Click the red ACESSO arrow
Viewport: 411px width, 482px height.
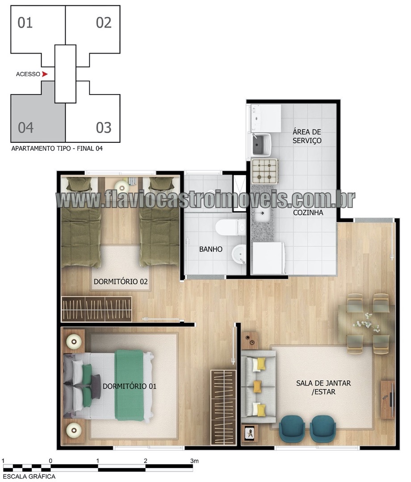(x=45, y=74)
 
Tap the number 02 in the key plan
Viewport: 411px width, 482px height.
(x=104, y=23)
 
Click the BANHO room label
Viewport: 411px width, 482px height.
(x=211, y=249)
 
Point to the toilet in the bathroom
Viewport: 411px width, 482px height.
(x=231, y=227)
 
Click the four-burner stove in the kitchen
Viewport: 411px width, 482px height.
(x=264, y=171)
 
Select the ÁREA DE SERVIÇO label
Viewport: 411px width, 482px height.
(x=307, y=136)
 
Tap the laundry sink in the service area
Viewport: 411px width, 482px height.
(x=261, y=145)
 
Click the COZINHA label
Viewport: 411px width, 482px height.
(x=308, y=213)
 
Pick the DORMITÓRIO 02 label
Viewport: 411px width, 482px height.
(x=121, y=282)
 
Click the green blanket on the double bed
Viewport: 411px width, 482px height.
(x=129, y=385)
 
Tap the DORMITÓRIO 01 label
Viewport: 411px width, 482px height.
(x=130, y=386)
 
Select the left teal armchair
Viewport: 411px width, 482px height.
(x=292, y=429)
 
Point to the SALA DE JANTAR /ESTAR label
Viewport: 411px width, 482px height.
(x=323, y=387)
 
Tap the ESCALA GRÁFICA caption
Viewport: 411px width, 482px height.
(x=29, y=477)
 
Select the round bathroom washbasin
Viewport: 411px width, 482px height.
(x=239, y=254)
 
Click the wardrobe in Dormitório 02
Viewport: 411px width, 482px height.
(x=96, y=309)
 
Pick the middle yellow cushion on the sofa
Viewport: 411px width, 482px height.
(x=257, y=386)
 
